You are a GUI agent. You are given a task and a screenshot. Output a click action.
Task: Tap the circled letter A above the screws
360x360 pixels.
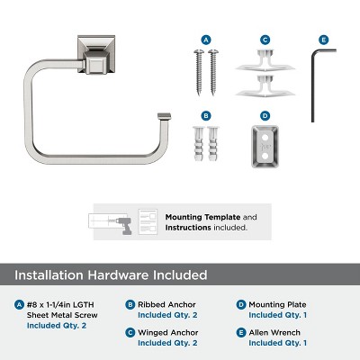pyautogui.click(x=206, y=40)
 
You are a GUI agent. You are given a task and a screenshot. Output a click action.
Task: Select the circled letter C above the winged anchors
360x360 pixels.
pyautogui.click(x=265, y=40)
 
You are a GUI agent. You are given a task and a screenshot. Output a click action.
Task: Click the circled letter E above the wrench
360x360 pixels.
pyautogui.click(x=324, y=40)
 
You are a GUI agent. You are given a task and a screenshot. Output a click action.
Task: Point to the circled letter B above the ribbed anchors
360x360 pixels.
pyautogui.click(x=206, y=116)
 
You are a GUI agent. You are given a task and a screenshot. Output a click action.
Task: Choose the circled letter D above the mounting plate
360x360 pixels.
pyautogui.click(x=265, y=116)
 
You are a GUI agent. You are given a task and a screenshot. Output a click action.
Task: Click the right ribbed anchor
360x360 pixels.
pyautogui.click(x=215, y=147)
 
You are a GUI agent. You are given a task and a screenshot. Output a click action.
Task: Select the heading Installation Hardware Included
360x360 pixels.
pyautogui.click(x=111, y=274)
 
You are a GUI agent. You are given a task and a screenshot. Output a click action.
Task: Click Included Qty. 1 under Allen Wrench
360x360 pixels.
pyautogui.click(x=278, y=343)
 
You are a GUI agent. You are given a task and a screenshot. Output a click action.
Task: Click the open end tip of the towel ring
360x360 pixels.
pyautogui.click(x=164, y=116)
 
